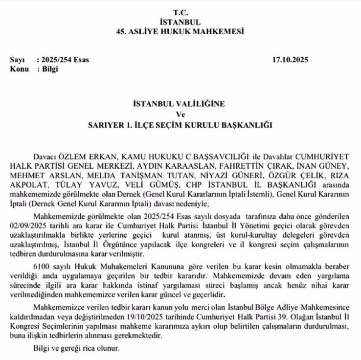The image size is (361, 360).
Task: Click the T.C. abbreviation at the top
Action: coord(180,11)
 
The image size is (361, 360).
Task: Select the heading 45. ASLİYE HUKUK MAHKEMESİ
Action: coord(180,31)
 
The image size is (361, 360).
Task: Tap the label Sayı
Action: coord(17,60)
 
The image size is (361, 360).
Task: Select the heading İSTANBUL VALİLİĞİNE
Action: coord(180,104)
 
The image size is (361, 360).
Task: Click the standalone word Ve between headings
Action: coord(180,114)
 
